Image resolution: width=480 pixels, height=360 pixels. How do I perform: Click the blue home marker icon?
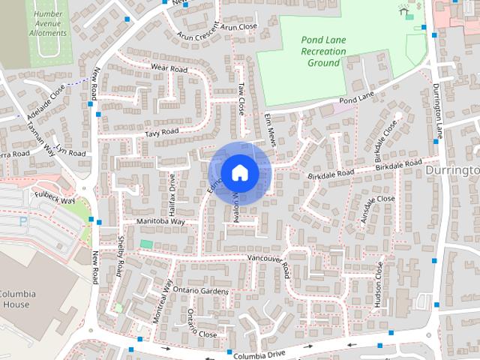click(x=239, y=172)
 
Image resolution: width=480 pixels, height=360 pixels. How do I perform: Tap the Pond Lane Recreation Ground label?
click(x=323, y=51)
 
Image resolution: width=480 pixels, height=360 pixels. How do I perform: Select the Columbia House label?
click(x=14, y=298)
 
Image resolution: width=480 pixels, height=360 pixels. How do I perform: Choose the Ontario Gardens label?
click(x=199, y=289)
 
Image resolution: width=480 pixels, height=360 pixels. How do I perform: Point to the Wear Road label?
click(x=169, y=68)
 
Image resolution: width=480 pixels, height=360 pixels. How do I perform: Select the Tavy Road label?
click(x=161, y=132)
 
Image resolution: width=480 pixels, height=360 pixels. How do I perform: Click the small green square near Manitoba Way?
click(x=145, y=244)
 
